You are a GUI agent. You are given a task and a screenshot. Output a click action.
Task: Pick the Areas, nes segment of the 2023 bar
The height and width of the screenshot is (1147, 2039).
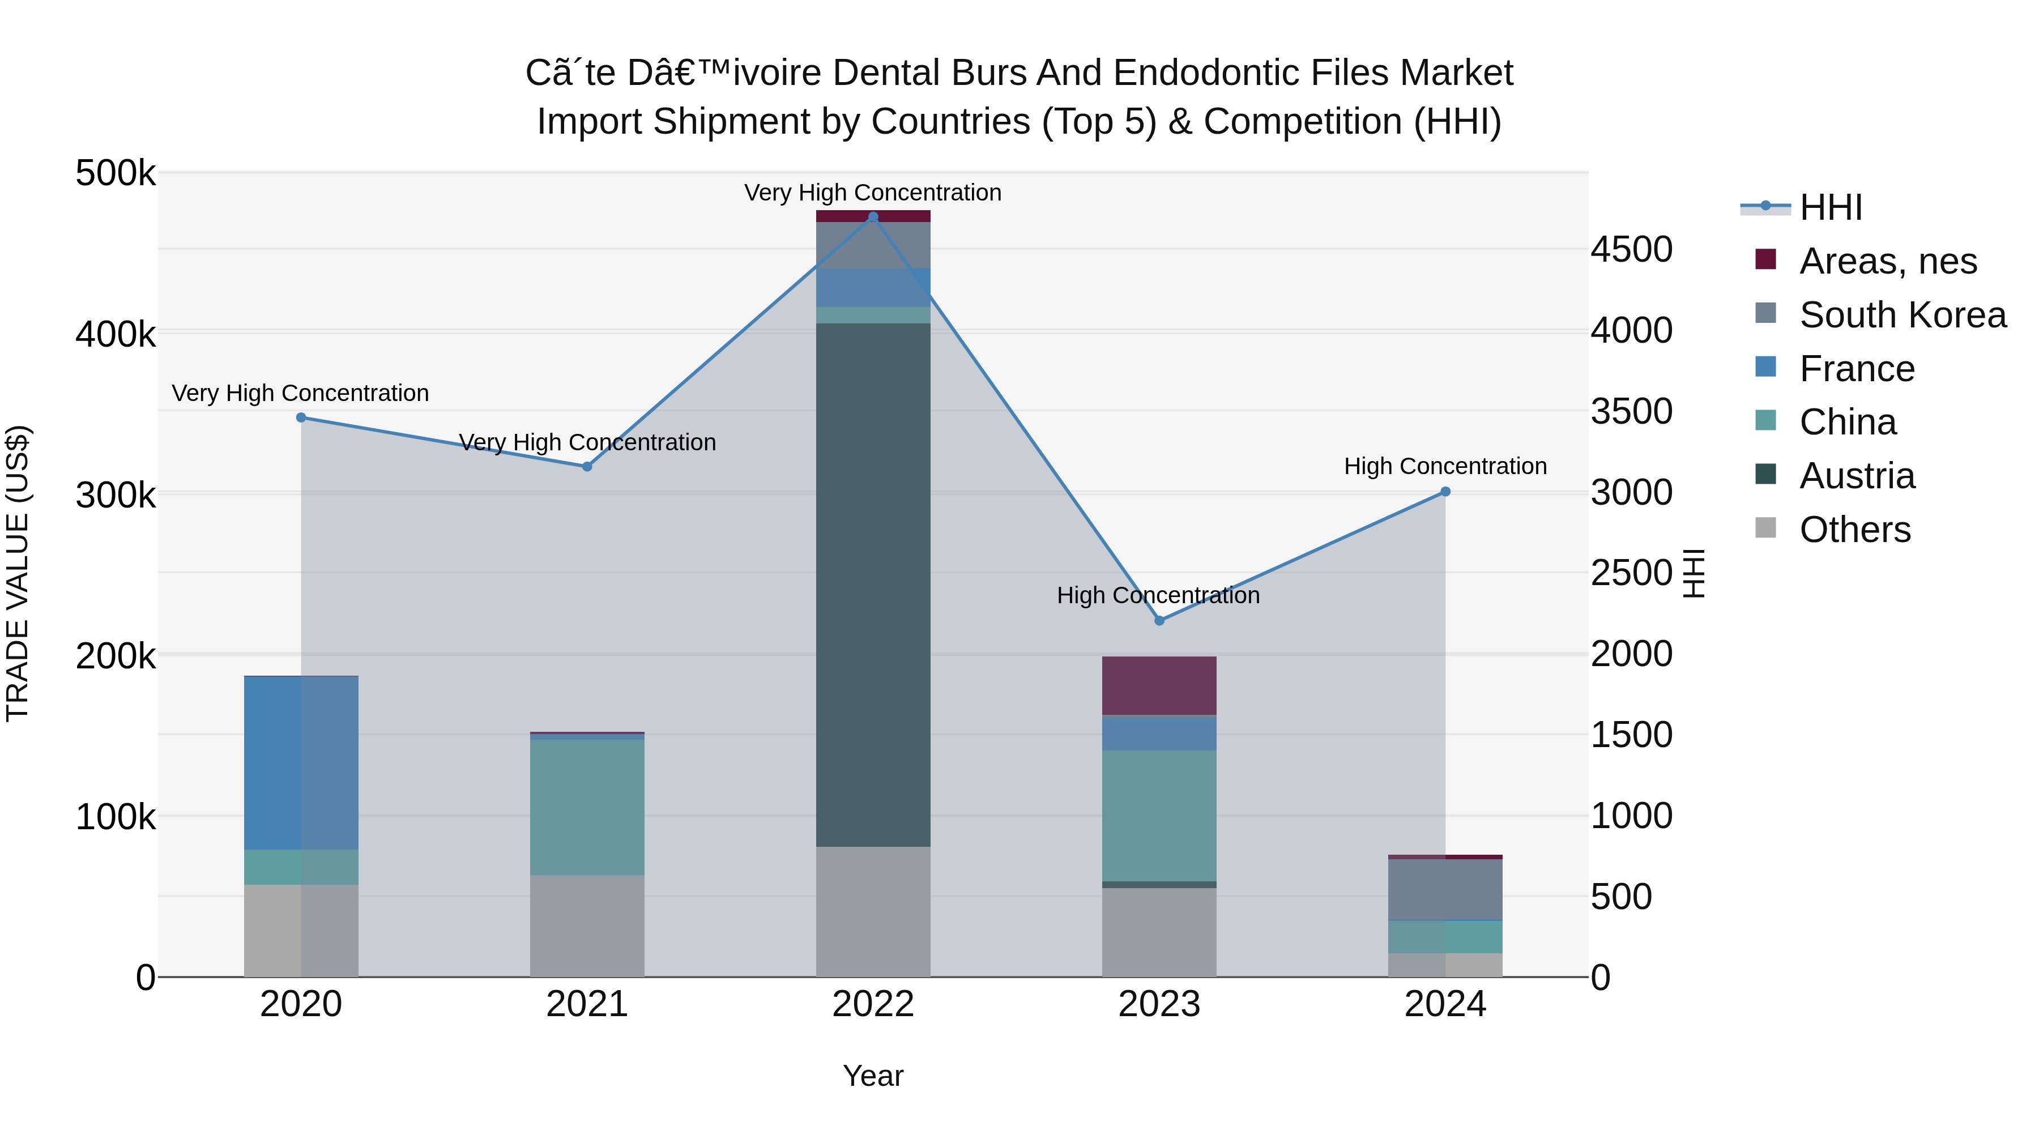(1159, 685)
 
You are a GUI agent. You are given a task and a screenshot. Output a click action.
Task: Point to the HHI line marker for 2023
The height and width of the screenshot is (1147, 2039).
(1159, 621)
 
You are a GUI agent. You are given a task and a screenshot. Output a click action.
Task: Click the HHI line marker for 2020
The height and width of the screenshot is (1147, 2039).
(301, 417)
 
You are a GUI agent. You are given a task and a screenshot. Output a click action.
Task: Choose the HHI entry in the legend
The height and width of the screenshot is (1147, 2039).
(1830, 207)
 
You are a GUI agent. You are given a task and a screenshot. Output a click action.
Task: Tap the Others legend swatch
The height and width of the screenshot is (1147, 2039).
(1765, 528)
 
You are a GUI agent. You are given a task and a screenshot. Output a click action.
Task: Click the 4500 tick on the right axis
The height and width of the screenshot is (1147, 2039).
(1631, 249)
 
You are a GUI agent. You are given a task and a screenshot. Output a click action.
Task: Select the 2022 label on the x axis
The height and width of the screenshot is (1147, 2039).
(872, 1004)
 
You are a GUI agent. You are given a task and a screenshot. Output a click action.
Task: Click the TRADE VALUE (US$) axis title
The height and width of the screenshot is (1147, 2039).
(18, 573)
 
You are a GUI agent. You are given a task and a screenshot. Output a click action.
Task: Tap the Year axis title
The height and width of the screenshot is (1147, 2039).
(872, 1076)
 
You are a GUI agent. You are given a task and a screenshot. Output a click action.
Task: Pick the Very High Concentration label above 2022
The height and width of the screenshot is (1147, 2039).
(872, 193)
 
